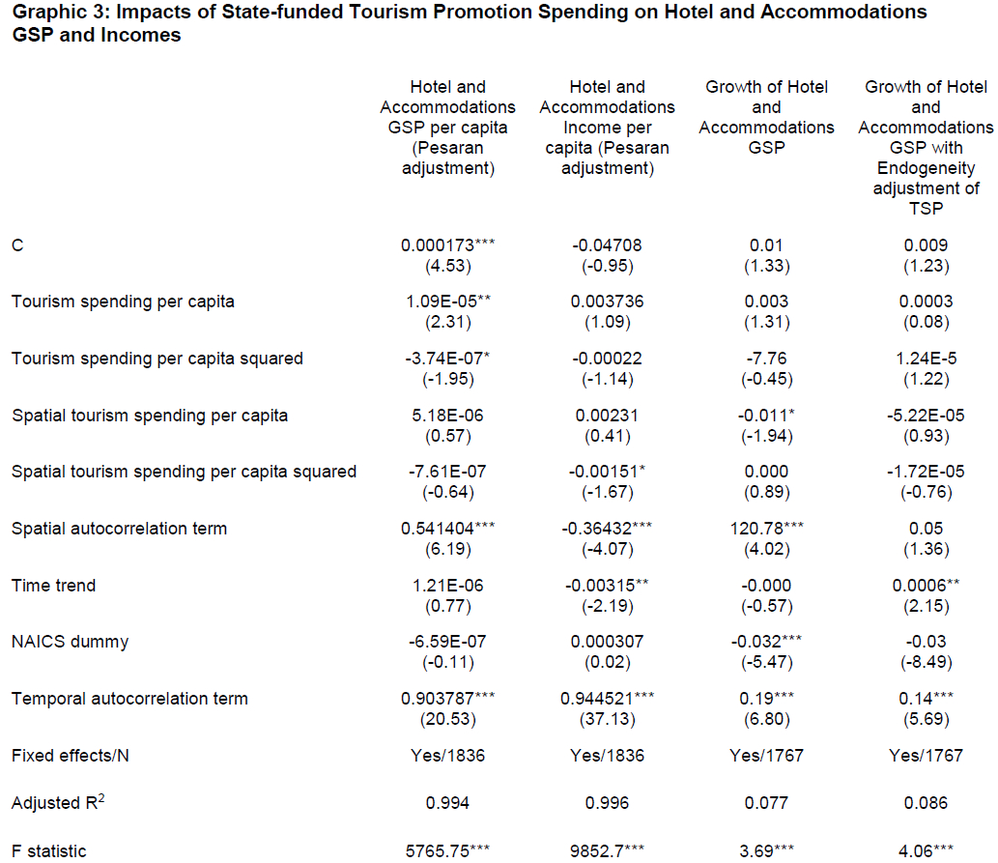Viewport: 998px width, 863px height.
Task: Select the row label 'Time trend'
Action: (x=54, y=585)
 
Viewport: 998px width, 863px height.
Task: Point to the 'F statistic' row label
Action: (x=49, y=851)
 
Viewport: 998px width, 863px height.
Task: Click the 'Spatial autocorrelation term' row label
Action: (x=120, y=529)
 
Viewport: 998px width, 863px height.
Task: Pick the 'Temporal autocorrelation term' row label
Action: (x=129, y=699)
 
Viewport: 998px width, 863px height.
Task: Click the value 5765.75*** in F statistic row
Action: (x=447, y=851)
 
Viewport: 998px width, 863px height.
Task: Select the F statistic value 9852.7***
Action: (x=607, y=851)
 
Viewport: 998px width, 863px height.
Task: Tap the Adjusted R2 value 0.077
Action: (x=766, y=802)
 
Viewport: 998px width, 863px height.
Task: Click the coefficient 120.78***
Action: (x=766, y=529)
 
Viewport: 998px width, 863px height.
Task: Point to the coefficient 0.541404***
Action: (x=447, y=529)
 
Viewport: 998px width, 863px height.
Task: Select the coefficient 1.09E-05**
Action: (x=447, y=302)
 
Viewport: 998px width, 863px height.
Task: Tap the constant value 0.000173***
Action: (x=447, y=245)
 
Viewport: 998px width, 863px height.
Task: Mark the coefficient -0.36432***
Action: (x=607, y=529)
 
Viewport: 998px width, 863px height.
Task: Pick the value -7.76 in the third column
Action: (x=766, y=359)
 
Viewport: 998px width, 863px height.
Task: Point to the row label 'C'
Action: (x=17, y=245)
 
